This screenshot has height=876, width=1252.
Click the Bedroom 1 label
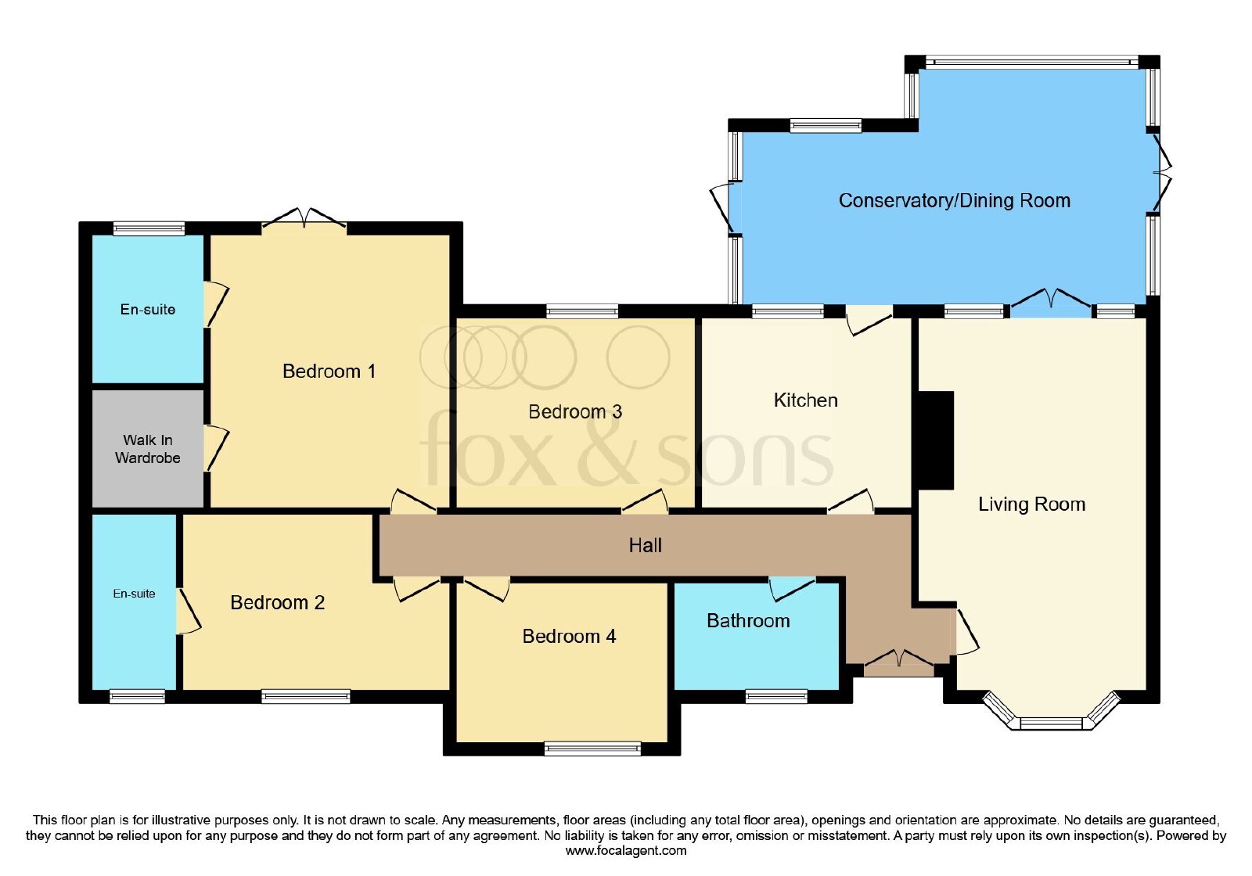click(x=329, y=371)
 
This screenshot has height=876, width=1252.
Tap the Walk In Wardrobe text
click(x=148, y=449)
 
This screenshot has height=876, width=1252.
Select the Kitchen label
click(x=805, y=400)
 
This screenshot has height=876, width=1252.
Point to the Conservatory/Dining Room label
click(x=955, y=200)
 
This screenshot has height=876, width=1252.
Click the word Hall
click(x=645, y=545)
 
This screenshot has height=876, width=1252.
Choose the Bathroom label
click(x=748, y=621)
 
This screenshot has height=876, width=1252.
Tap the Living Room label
click(x=1032, y=504)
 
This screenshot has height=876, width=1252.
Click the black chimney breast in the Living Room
click(x=936, y=440)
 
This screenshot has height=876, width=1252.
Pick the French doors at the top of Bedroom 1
click(x=304, y=219)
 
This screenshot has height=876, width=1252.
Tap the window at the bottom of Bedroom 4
click(x=592, y=749)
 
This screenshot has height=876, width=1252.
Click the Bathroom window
click(x=776, y=696)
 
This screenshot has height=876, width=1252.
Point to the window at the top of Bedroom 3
click(x=582, y=311)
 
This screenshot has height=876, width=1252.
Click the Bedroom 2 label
click(x=277, y=603)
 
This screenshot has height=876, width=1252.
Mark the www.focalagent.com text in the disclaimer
click(x=626, y=851)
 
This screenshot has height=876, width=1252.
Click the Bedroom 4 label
click(x=569, y=637)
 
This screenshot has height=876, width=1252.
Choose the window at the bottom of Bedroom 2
click(x=306, y=696)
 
